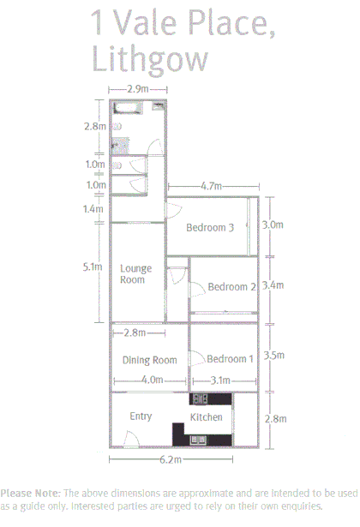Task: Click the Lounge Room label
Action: tap(135, 273)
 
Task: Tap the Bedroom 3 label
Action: tap(210, 228)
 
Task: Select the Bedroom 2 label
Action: tap(231, 287)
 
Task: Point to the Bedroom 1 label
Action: tap(230, 359)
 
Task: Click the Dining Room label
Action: tap(149, 360)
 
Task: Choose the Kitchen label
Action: tap(207, 417)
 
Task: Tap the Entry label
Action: tap(141, 416)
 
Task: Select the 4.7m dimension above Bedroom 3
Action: tap(211, 186)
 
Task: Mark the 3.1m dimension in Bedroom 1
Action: tap(221, 380)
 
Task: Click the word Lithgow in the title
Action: tap(149, 59)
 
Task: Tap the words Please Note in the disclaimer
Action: tap(29, 494)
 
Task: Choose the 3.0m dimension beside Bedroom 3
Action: tap(273, 225)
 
